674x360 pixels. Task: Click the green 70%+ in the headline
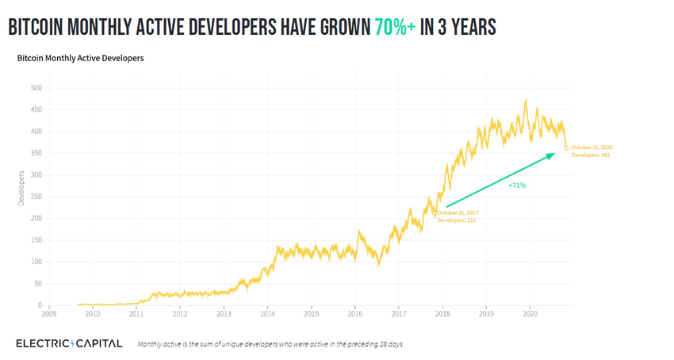click(x=395, y=28)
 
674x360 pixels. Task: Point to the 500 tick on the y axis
click(x=35, y=87)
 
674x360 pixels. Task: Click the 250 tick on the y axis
click(x=35, y=218)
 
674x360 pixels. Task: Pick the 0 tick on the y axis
click(x=39, y=305)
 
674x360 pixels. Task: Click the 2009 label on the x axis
click(x=49, y=314)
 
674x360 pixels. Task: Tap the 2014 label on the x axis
click(x=267, y=314)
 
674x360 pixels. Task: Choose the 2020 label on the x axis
click(x=530, y=314)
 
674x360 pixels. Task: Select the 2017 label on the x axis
click(x=399, y=314)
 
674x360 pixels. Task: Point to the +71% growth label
click(x=517, y=186)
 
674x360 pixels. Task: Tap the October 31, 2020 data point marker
click(x=566, y=147)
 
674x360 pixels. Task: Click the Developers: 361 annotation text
click(x=591, y=155)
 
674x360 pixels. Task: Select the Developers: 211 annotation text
click(x=457, y=220)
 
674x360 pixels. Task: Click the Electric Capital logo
click(x=69, y=343)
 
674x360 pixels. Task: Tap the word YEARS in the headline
click(x=469, y=28)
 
